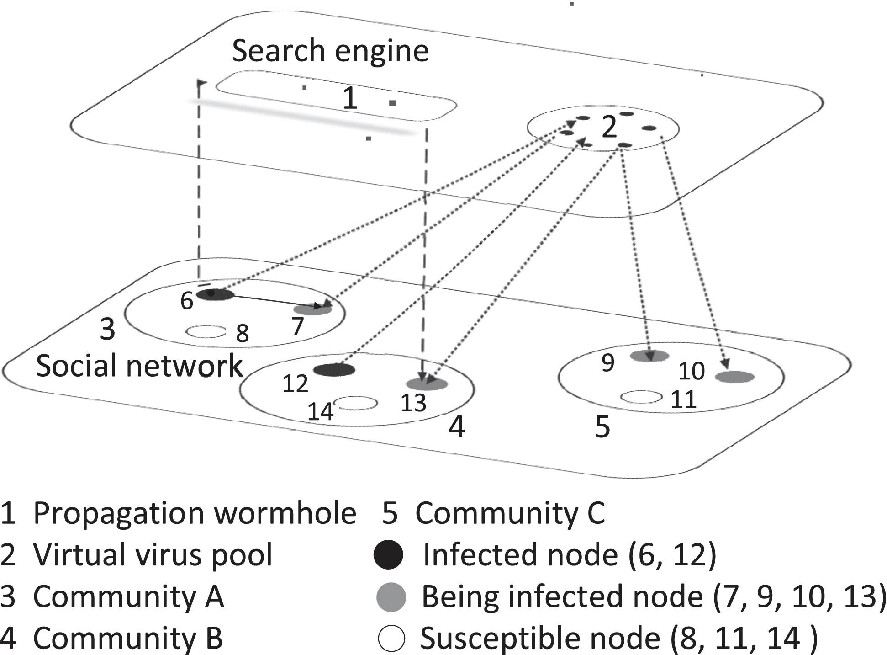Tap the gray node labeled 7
312,309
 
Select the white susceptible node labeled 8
206,331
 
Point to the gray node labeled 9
649,356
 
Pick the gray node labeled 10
734,377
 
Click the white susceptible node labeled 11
641,397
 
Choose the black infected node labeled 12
334,370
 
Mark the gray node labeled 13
427,384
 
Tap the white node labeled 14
357,403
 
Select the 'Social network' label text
139,366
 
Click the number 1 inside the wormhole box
350,98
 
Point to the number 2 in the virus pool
609,127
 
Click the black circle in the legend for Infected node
388,554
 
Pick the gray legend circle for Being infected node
391,596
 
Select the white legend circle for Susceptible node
391,638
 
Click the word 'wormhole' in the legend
285,513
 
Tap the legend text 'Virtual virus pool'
153,554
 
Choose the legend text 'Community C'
510,513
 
